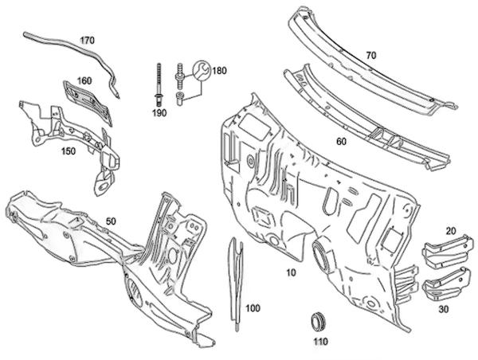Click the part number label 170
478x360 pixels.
tap(87, 39)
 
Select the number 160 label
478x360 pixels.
tap(84, 80)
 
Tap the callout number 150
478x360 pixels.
tap(69, 150)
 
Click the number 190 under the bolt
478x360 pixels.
tap(159, 113)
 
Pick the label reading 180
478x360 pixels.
tap(219, 71)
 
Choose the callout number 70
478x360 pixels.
tap(370, 55)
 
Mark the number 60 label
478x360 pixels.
tap(341, 141)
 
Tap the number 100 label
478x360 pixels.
tap(253, 307)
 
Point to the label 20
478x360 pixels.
tap(450, 231)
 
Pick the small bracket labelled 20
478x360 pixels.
tap(442, 250)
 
